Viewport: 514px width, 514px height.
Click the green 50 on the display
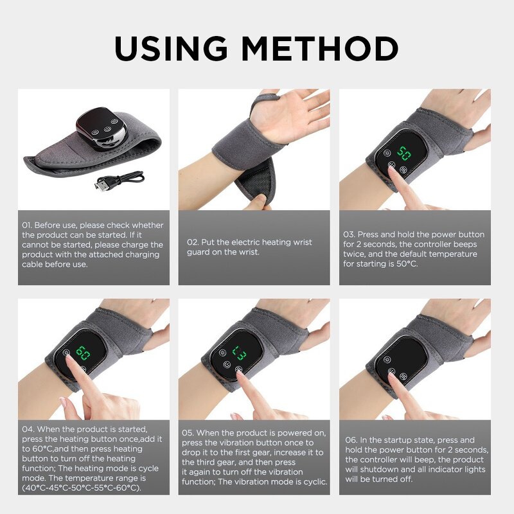coord(404,154)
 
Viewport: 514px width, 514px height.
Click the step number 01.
coord(26,226)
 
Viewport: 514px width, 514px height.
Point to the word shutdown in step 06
coord(375,469)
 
